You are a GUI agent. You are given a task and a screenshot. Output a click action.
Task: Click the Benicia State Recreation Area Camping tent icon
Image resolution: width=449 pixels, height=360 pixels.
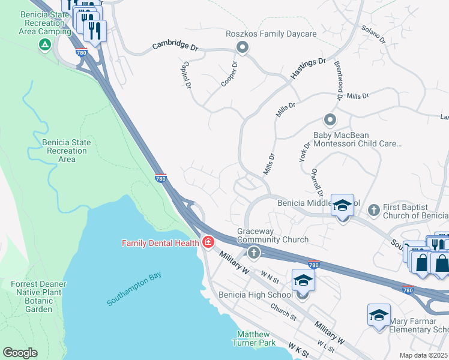(x=44, y=45)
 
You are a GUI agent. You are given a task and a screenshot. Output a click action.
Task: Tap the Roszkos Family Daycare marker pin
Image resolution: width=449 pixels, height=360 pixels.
(x=243, y=46)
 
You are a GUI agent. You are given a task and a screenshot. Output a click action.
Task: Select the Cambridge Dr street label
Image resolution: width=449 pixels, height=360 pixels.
(x=175, y=45)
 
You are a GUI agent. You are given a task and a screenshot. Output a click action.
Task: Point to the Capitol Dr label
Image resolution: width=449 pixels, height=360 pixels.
(x=187, y=76)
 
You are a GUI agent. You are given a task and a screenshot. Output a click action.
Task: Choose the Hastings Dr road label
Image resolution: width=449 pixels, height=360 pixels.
(x=308, y=69)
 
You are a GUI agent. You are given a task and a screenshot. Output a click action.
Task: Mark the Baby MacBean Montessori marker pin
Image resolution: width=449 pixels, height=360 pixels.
(x=329, y=120)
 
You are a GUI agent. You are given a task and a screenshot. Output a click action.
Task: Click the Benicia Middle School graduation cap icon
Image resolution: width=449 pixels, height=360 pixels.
(x=342, y=205)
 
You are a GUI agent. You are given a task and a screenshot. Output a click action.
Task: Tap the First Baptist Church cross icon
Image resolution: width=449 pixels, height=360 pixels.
(x=373, y=209)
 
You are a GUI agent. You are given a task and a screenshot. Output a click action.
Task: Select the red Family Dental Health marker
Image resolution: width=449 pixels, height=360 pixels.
(x=208, y=242)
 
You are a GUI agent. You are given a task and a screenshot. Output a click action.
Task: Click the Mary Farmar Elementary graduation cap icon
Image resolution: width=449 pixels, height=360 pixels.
(x=379, y=315)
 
